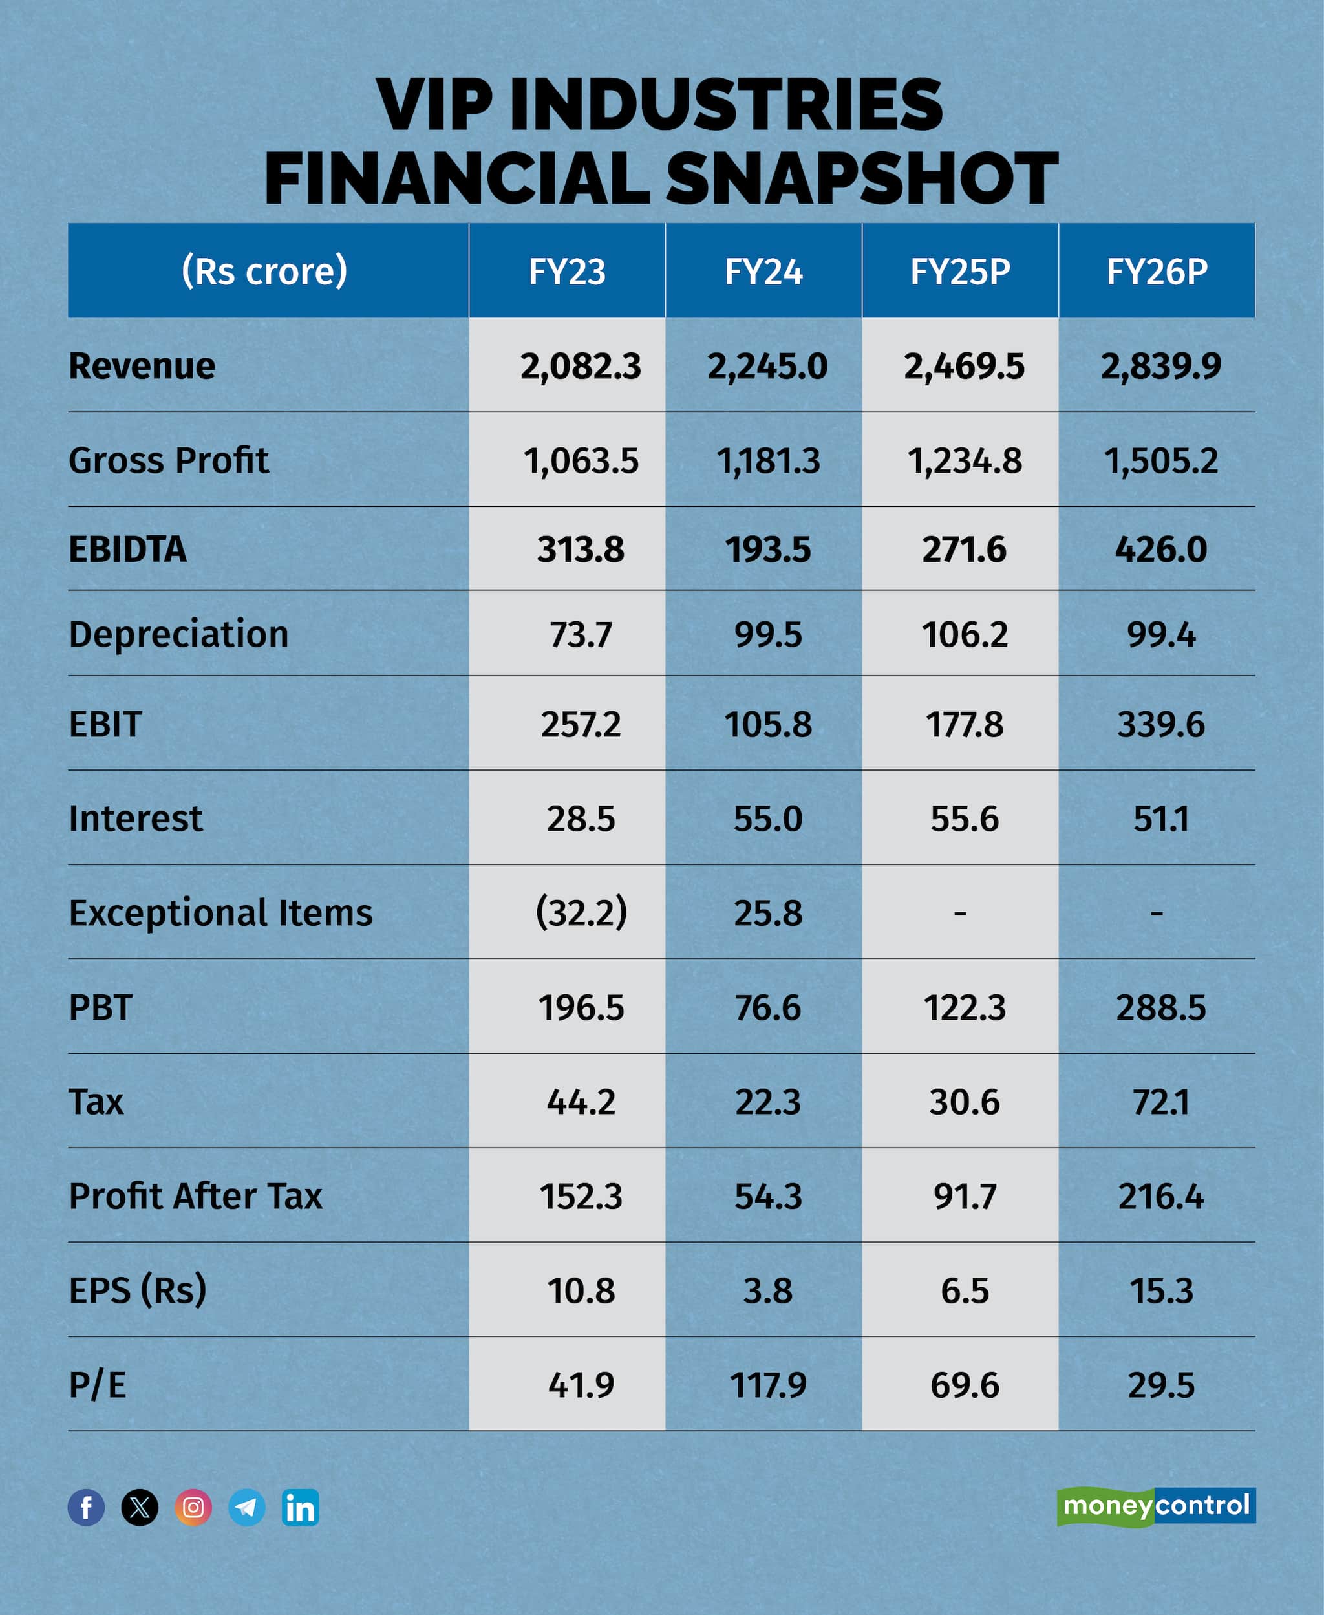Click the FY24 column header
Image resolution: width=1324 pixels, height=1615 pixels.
pos(763,272)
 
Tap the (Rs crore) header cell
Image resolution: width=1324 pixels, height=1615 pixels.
pos(264,271)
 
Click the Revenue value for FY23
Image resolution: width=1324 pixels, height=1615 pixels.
pos(581,366)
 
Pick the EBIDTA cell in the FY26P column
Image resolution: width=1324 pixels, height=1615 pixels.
pos(1160,549)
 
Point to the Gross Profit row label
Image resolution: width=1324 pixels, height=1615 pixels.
pos(169,460)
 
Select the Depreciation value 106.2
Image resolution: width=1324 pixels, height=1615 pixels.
pos(964,634)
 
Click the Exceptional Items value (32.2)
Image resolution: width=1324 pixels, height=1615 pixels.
pos(581,912)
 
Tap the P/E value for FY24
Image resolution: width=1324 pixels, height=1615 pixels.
pos(767,1385)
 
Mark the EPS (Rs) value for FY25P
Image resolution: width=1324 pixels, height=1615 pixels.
pos(964,1291)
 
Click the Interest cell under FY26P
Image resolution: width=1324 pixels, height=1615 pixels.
pos(1160,819)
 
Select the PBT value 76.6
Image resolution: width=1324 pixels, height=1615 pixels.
pos(767,1007)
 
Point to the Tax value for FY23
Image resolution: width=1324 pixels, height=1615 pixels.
pos(581,1102)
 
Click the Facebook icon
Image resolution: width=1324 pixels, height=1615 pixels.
pos(86,1508)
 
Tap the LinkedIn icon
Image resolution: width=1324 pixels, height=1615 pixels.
pos(301,1508)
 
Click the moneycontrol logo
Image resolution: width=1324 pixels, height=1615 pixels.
pos(1155,1506)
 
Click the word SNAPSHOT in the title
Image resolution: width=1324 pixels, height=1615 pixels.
pos(861,178)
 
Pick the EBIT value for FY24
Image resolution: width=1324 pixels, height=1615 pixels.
pos(767,724)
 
